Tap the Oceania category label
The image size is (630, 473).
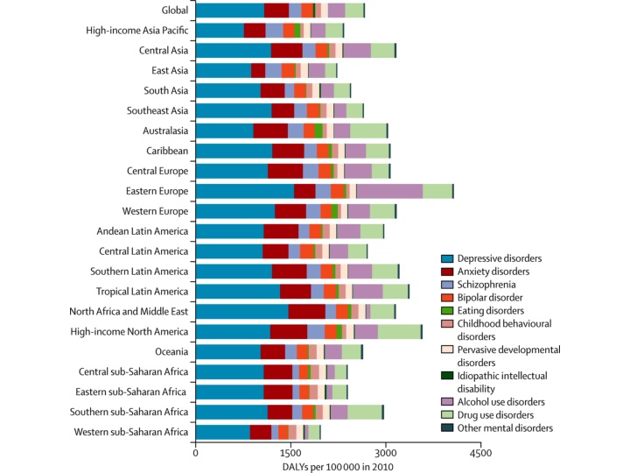[x=169, y=351]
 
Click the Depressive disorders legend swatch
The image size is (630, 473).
[x=447, y=258]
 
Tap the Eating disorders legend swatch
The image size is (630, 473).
[x=447, y=309]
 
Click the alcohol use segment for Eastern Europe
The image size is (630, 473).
[x=389, y=191]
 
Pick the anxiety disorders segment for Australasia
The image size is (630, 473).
[x=270, y=131]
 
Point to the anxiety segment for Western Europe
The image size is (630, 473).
[x=290, y=211]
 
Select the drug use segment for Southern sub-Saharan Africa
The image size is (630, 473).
[x=365, y=412]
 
